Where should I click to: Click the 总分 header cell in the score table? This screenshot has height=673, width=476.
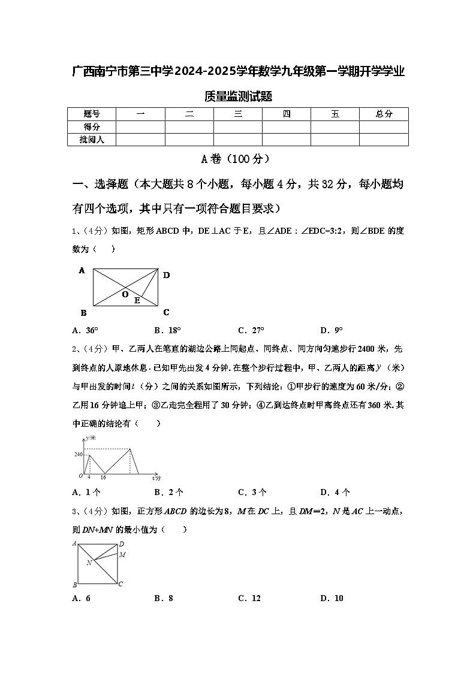(x=384, y=114)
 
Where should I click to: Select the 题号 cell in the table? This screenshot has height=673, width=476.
(x=92, y=114)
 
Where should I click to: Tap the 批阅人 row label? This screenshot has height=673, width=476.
(x=92, y=140)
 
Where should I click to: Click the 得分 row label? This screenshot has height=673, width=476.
(x=92, y=126)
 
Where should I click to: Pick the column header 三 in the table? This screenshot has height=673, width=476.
(x=238, y=114)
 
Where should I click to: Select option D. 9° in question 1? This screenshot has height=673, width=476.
(x=332, y=330)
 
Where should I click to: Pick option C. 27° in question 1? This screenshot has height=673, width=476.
(x=251, y=330)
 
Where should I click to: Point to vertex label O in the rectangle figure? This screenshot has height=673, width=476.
(x=125, y=295)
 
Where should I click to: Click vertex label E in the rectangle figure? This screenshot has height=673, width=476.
(x=137, y=301)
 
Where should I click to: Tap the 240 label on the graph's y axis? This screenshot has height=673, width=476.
(x=79, y=455)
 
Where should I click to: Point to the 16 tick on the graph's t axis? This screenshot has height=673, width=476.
(x=103, y=478)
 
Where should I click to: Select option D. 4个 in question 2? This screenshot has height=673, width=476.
(x=335, y=493)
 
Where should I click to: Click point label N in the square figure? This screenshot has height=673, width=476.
(x=88, y=563)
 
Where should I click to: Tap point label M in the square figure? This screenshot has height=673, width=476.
(x=122, y=555)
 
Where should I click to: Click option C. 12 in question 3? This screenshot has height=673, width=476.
(x=249, y=598)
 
